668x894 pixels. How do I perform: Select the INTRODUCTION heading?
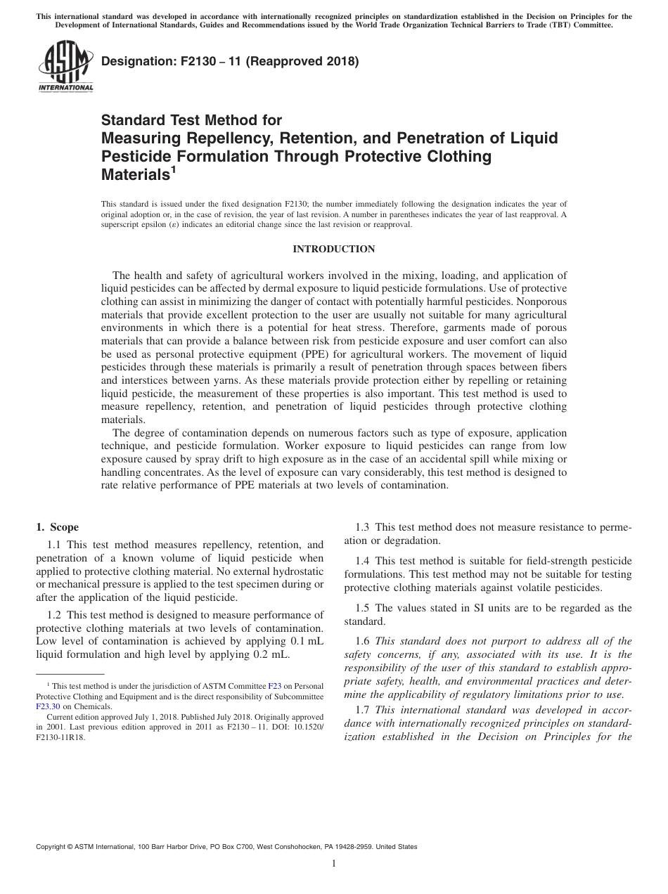[333, 249]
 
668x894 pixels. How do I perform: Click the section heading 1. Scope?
[57, 527]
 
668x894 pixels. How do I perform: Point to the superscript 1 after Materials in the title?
[173, 169]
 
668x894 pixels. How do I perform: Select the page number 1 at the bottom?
[333, 864]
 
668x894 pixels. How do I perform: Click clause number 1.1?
[55, 545]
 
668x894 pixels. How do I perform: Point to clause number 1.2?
[55, 614]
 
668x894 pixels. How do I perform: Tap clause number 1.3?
[363, 527]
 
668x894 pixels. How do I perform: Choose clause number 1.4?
[363, 561]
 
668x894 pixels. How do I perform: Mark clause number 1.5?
[363, 608]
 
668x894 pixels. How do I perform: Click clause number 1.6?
[363, 641]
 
